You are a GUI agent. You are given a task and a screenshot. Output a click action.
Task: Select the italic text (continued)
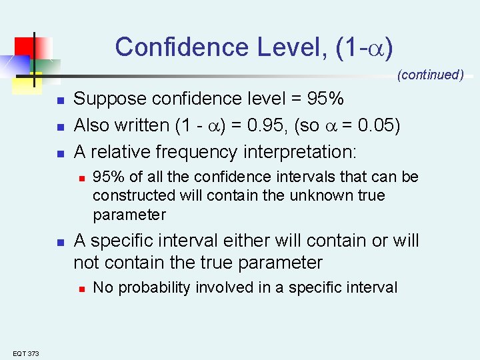pos(430,75)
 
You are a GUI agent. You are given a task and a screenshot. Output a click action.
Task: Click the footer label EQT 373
pos(26,353)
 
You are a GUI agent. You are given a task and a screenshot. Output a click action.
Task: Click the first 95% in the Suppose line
pos(324,99)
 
